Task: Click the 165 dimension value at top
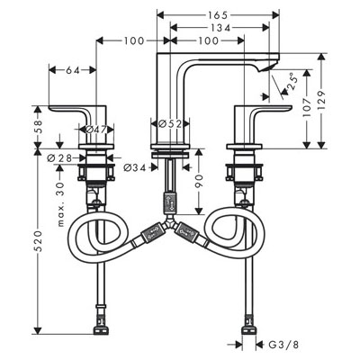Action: pyautogui.click(x=217, y=14)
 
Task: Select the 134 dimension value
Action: pyautogui.click(x=220, y=28)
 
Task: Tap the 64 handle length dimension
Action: pyautogui.click(x=73, y=70)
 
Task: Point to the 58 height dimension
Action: pyautogui.click(x=37, y=127)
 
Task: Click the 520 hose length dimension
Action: pyautogui.click(x=37, y=241)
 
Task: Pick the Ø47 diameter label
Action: pyautogui.click(x=96, y=130)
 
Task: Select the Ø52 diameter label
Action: pyautogui.click(x=170, y=123)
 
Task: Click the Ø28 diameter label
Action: pyautogui.click(x=59, y=158)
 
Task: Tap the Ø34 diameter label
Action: pyautogui.click(x=135, y=167)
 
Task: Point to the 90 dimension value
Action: pyautogui.click(x=199, y=181)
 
